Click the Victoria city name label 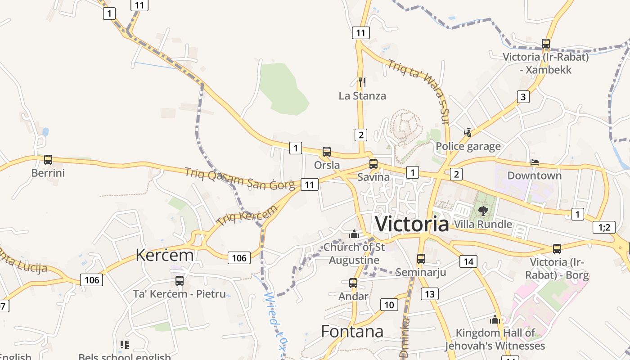point(412,224)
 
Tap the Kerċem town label point(165,255)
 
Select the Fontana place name point(352,332)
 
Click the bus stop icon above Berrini point(48,159)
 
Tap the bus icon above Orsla point(327,152)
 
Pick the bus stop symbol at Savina point(373,164)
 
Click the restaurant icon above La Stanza point(362,82)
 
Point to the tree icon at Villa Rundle point(483,211)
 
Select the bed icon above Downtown point(535,162)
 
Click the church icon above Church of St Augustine point(354,234)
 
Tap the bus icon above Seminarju point(421,259)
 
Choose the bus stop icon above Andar point(353,283)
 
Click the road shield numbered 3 point(523,97)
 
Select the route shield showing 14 point(469,261)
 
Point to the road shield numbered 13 point(430,294)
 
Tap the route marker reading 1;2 point(604,227)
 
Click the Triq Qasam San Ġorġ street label point(240,178)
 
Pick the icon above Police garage point(468,132)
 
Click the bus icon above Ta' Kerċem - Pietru point(180,281)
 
